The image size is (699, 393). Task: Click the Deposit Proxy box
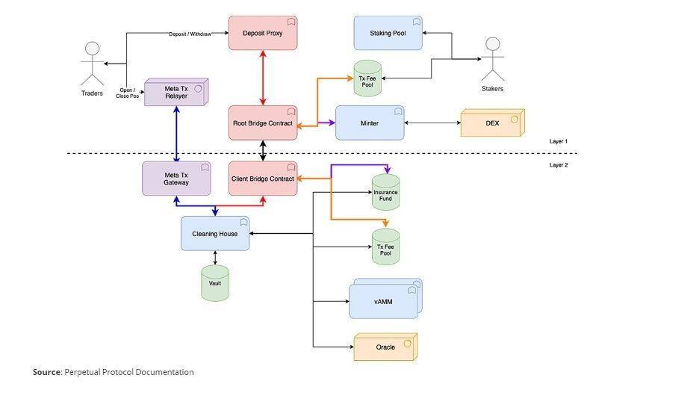263,33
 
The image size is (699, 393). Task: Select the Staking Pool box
388,33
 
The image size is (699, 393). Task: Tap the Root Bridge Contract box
263,123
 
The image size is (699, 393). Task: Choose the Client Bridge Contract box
263,179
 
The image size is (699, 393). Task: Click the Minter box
370,123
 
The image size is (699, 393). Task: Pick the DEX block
493,123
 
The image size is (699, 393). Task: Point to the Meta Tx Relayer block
176,93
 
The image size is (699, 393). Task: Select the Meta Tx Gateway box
176,179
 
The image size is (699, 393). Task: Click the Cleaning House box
215,234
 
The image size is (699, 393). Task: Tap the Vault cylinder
215,283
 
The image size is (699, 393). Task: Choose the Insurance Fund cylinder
385,192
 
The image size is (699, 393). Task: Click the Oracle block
385,347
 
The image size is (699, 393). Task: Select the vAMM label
383,302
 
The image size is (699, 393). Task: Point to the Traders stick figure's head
93,49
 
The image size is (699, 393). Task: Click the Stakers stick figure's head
493,44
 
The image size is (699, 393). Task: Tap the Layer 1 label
559,141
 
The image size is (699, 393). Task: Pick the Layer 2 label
559,165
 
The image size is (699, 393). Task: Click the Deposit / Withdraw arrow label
190,34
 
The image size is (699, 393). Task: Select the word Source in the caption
46,372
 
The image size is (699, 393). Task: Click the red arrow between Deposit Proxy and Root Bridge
263,78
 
